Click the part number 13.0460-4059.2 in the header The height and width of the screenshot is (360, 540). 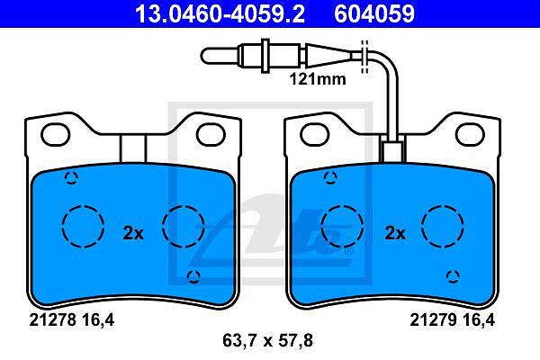[x=220, y=13]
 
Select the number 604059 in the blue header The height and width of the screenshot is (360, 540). [x=374, y=13]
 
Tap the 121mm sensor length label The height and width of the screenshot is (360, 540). [x=318, y=79]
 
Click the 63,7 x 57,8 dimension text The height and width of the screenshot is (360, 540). [x=267, y=341]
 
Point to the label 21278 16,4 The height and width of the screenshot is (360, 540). [x=71, y=320]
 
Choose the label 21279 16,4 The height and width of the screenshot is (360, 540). [x=452, y=320]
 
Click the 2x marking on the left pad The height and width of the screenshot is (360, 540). [x=133, y=234]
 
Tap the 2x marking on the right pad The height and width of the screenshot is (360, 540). [x=395, y=234]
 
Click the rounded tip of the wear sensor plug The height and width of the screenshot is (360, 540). [x=205, y=56]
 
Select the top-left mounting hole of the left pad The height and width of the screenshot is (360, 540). [x=56, y=135]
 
